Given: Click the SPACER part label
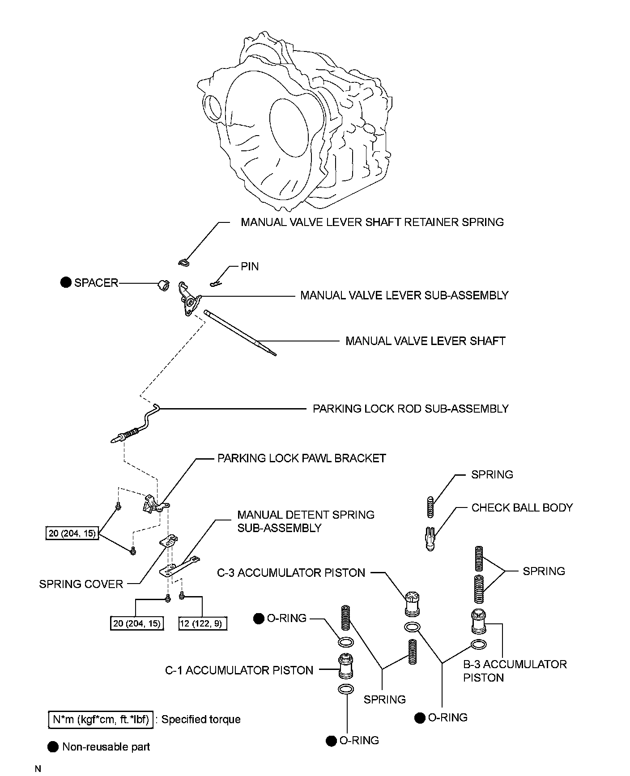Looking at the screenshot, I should pos(96,283).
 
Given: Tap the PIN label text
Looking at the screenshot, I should pos(250,267).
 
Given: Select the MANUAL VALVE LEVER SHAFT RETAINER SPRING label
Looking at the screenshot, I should pos(372,222).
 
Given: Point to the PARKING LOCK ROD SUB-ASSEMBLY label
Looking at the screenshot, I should pos(410,409).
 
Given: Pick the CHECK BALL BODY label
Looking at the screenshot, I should pos(522,507).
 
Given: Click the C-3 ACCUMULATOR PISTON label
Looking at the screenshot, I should pos(291,573).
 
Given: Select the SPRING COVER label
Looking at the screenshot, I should pos(81,584).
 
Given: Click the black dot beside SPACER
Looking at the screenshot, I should pos(66,282).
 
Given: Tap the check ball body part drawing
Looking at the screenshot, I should pos(430,538).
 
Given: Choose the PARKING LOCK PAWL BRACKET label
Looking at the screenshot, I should pos(302,458).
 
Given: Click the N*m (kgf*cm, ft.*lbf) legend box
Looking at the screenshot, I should pos(101,719).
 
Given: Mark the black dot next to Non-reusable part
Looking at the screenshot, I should pos(53,747).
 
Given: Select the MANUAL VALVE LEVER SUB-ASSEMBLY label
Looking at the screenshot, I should pos(404,295).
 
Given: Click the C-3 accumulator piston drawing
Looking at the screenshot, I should pos(412,604).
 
